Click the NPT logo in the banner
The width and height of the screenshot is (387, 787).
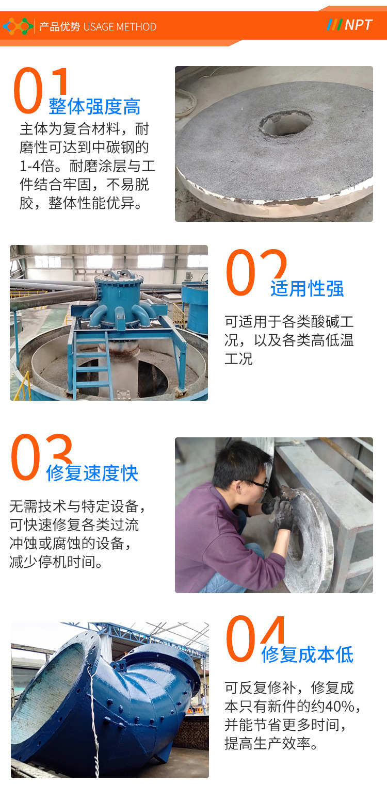349,25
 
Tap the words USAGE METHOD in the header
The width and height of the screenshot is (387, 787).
120,27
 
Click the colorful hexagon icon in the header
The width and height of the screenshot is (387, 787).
18,26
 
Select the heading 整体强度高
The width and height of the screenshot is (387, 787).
94,106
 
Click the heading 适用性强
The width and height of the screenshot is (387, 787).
307,289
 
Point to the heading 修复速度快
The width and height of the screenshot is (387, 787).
92,473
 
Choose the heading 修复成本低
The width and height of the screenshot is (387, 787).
307,654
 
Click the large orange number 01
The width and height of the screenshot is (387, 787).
40,90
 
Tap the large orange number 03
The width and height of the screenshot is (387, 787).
41,457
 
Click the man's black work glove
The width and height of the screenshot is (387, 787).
280,512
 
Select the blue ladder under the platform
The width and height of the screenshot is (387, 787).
92,365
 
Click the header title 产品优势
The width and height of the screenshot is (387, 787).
60,27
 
